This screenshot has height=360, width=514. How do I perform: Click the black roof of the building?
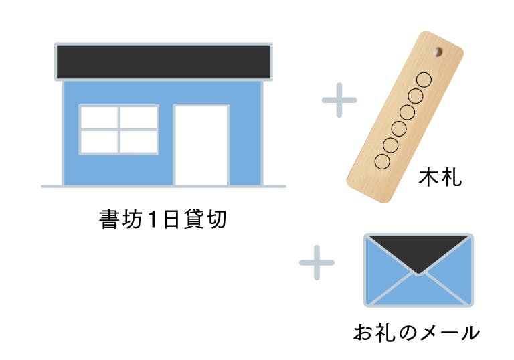pyautogui.click(x=163, y=62)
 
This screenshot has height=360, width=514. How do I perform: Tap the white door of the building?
pyautogui.click(x=201, y=145)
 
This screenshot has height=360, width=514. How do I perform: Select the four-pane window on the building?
pyautogui.click(x=119, y=130)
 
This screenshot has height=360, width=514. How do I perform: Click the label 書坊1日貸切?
pyautogui.click(x=163, y=219)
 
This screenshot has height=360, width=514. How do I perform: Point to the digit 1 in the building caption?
pyautogui.click(x=151, y=219)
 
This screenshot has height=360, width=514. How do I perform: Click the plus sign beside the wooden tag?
pyautogui.click(x=339, y=100)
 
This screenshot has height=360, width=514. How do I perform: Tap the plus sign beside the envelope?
pyautogui.click(x=317, y=262)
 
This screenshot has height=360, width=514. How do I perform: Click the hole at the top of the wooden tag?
pyautogui.click(x=438, y=52)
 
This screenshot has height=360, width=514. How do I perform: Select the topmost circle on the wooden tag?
pyautogui.click(x=424, y=80)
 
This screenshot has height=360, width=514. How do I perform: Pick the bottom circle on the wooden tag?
pyautogui.click(x=382, y=161)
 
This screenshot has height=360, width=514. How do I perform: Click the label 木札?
pyautogui.click(x=440, y=178)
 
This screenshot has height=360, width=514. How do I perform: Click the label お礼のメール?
pyautogui.click(x=416, y=332)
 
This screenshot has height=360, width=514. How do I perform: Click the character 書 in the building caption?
pyautogui.click(x=109, y=219)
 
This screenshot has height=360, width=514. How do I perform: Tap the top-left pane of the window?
pyautogui.click(x=99, y=117)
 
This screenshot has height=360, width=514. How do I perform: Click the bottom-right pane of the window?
pyautogui.click(x=139, y=142)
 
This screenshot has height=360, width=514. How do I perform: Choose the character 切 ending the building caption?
pyautogui.click(x=217, y=219)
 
